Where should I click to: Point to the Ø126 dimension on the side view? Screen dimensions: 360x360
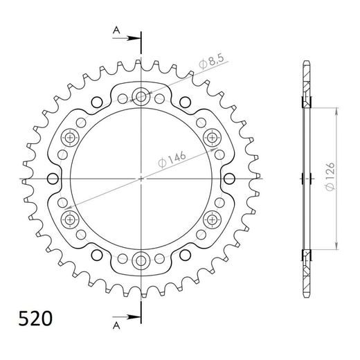point(330,177)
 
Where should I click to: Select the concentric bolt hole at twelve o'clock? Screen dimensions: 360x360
point(142,96)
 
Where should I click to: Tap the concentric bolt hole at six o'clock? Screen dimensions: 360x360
point(142,261)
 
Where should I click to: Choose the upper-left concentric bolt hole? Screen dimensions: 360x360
point(71,137)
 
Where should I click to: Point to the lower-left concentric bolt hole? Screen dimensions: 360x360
point(71,220)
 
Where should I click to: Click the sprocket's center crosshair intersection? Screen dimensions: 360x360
point(142,179)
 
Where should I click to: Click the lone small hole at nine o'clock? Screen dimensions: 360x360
point(51,179)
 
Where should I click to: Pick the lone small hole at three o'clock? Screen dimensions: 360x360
point(233,179)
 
